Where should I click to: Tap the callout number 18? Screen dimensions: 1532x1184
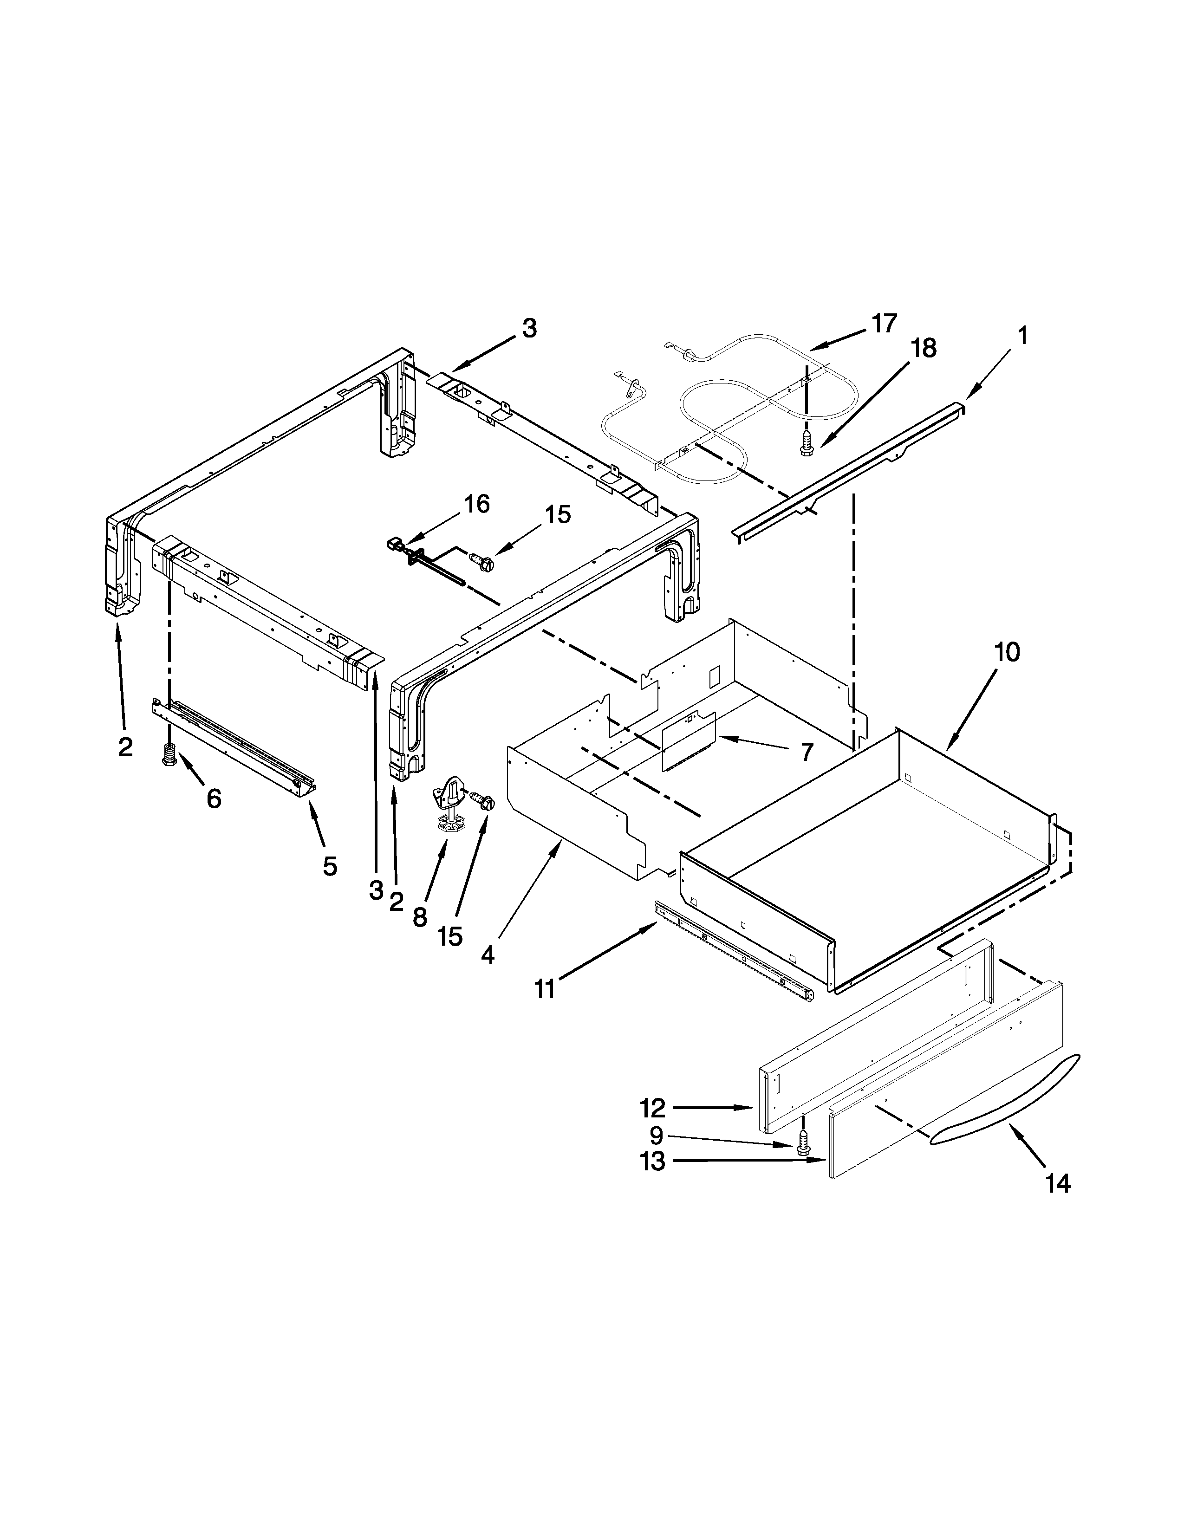[x=924, y=349]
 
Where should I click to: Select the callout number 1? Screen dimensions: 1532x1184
[x=1023, y=337]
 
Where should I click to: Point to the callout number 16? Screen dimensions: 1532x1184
[x=477, y=504]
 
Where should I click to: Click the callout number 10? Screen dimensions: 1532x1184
[x=1007, y=652]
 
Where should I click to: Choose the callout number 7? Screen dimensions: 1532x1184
[x=807, y=753]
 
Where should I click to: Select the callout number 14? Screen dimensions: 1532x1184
[x=1058, y=1184]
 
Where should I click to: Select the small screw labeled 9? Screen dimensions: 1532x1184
[x=803, y=1145]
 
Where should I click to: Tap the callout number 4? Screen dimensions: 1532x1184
[x=488, y=954]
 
